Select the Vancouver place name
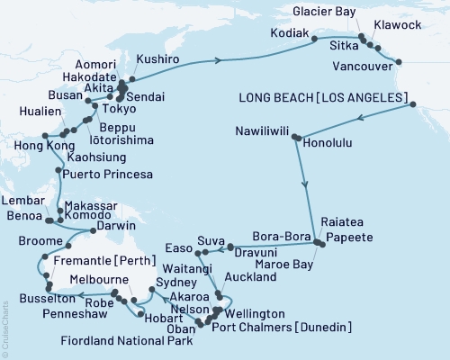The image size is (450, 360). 369,67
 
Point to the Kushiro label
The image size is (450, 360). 157,58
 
